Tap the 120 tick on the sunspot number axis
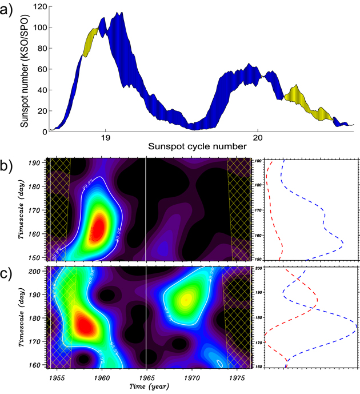[38, 6]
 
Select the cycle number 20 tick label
[258, 138]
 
